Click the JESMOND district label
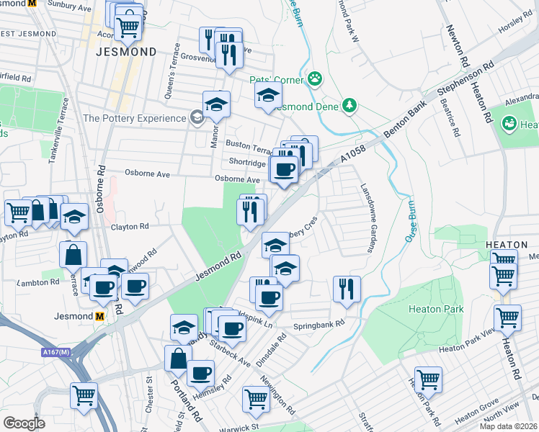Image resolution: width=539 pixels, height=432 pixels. (126, 52)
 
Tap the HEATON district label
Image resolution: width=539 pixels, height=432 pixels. (512, 244)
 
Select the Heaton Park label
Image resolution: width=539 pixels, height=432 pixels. (436, 309)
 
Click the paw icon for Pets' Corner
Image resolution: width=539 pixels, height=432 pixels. (315, 78)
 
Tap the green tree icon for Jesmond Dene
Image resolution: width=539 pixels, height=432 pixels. (349, 106)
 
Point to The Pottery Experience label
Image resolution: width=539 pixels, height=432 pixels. (135, 118)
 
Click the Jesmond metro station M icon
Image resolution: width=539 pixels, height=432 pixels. (100, 316)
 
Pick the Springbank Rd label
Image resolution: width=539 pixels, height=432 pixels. (319, 325)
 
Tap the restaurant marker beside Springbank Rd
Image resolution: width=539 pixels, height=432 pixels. (347, 289)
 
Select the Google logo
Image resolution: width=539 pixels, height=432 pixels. (24, 423)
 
